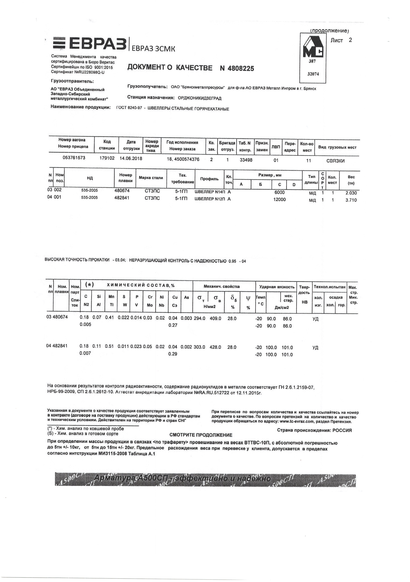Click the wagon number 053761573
74,158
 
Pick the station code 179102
107,158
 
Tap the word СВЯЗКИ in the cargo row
335,161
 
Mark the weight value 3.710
351,200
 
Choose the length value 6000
280,192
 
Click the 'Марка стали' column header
151,178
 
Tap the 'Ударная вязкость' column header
277,287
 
